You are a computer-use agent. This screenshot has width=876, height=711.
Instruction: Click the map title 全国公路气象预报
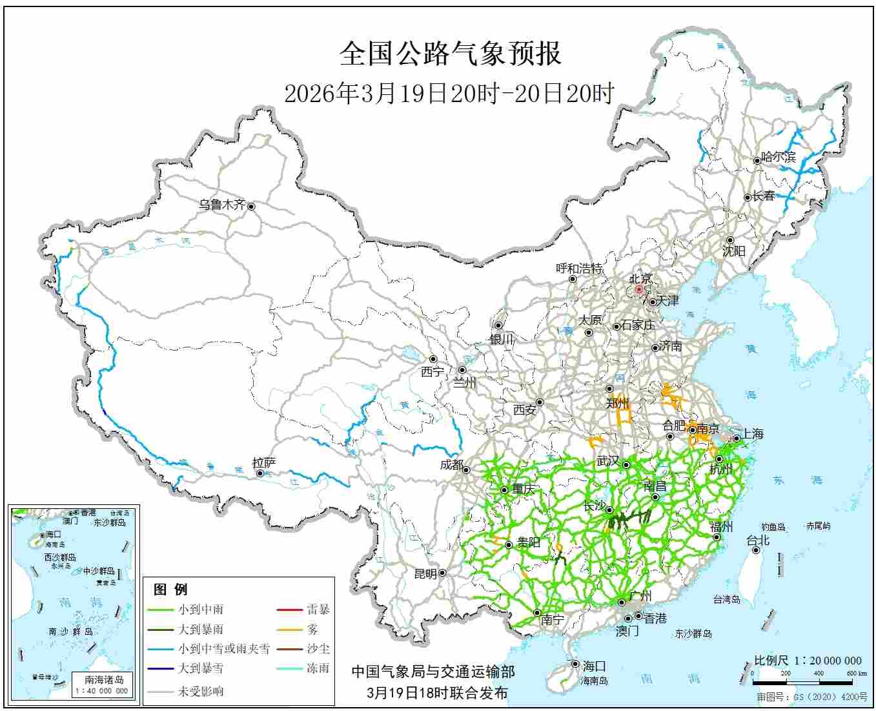coord(450,54)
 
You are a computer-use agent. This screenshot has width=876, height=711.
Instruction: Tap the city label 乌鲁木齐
coord(221,205)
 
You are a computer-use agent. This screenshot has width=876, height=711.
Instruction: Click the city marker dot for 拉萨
coord(260,473)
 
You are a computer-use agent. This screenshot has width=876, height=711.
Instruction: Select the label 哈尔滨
coord(779,156)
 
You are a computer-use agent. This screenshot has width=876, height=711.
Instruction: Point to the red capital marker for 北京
coord(639,290)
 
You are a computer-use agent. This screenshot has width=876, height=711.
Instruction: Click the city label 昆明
coord(425,573)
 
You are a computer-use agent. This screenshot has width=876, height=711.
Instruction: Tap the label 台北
coord(758,541)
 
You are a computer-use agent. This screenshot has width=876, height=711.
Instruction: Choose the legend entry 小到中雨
coord(201,609)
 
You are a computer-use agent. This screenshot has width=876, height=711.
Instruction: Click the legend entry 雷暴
coord(318,609)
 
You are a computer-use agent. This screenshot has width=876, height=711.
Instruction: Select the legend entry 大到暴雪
coord(201,668)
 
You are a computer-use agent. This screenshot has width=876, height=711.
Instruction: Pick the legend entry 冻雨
coord(318,668)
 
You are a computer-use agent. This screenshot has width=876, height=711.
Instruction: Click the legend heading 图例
coord(170,589)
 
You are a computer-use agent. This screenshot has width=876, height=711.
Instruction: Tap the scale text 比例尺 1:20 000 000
coord(808,661)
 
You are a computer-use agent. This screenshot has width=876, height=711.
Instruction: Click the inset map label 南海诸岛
coord(104,679)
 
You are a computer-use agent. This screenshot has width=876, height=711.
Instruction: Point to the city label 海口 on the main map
coord(594,666)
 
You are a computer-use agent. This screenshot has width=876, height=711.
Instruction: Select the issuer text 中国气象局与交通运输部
coord(433,672)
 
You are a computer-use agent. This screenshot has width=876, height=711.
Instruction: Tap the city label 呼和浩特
coord(579,269)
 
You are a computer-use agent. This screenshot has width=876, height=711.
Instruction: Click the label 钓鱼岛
coord(772,527)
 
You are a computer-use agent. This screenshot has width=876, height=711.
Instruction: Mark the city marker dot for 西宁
coord(433,359)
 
